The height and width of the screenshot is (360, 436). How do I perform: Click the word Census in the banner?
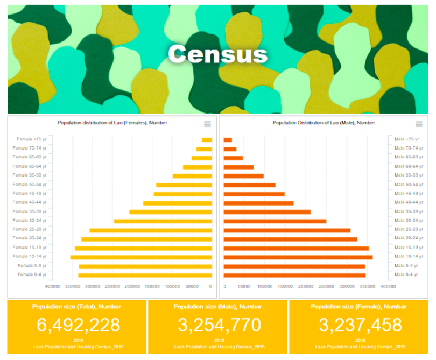pyautogui.click(x=217, y=54)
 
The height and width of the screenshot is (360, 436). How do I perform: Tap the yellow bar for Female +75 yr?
pyautogui.click(x=207, y=140)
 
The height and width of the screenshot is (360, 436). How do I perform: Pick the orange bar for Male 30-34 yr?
pyautogui.click(x=275, y=221)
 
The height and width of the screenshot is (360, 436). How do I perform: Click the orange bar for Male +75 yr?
pyautogui.click(x=228, y=140)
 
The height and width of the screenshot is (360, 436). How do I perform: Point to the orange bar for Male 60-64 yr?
pyautogui.click(x=238, y=167)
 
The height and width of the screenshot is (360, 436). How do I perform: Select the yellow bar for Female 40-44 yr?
pyautogui.click(x=178, y=203)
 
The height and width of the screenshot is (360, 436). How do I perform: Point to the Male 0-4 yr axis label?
pyautogui.click(x=406, y=275)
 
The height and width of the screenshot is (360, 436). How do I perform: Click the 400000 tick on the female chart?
pyautogui.click(x=53, y=287)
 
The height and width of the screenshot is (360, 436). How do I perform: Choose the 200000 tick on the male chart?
pyautogui.click(x=306, y=287)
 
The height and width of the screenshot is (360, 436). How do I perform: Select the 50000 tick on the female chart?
pyautogui.click(x=191, y=287)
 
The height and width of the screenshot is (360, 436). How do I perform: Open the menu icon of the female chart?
pyautogui.click(x=209, y=124)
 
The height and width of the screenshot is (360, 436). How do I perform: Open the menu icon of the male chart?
pyautogui.click(x=419, y=124)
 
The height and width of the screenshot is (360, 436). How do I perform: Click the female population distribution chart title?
pyautogui.click(x=112, y=123)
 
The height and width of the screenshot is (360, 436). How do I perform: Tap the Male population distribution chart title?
pyautogui.click(x=324, y=123)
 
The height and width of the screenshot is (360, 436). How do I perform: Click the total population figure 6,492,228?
pyautogui.click(x=78, y=325)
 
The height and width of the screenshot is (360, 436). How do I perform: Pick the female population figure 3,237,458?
pyautogui.click(x=360, y=325)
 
